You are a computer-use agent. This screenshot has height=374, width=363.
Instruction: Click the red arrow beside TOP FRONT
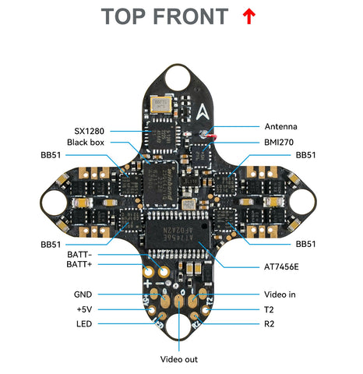click(249, 16)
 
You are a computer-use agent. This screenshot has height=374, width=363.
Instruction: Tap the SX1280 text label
click(89, 131)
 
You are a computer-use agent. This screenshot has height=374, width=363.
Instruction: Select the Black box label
click(86, 143)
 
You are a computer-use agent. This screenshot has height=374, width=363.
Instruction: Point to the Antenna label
click(280, 127)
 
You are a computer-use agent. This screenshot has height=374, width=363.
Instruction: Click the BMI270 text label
click(279, 143)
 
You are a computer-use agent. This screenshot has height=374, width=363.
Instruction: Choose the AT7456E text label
click(281, 267)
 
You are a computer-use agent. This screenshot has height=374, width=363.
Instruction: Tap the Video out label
click(179, 359)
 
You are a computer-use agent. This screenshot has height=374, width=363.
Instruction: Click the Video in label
click(280, 295)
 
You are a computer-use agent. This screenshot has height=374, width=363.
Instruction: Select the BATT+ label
click(79, 264)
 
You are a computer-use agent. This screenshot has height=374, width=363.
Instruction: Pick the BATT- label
click(79, 255)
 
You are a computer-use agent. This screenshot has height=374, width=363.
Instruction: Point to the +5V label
click(84, 309)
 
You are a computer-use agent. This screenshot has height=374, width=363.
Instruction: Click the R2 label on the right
click(269, 324)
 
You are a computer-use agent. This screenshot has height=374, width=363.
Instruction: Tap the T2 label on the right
click(269, 309)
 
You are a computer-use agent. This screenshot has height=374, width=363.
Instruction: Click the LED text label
click(84, 324)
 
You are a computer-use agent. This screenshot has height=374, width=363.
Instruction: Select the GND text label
click(83, 295)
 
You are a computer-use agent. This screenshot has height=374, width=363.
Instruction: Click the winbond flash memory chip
click(160, 184)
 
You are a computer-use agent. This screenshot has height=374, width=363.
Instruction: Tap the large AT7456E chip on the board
click(178, 234)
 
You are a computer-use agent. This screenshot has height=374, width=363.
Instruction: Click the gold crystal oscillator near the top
click(161, 104)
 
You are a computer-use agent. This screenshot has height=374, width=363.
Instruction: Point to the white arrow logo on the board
click(203, 112)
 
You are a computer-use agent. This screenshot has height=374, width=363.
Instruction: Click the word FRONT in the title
click(191, 16)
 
